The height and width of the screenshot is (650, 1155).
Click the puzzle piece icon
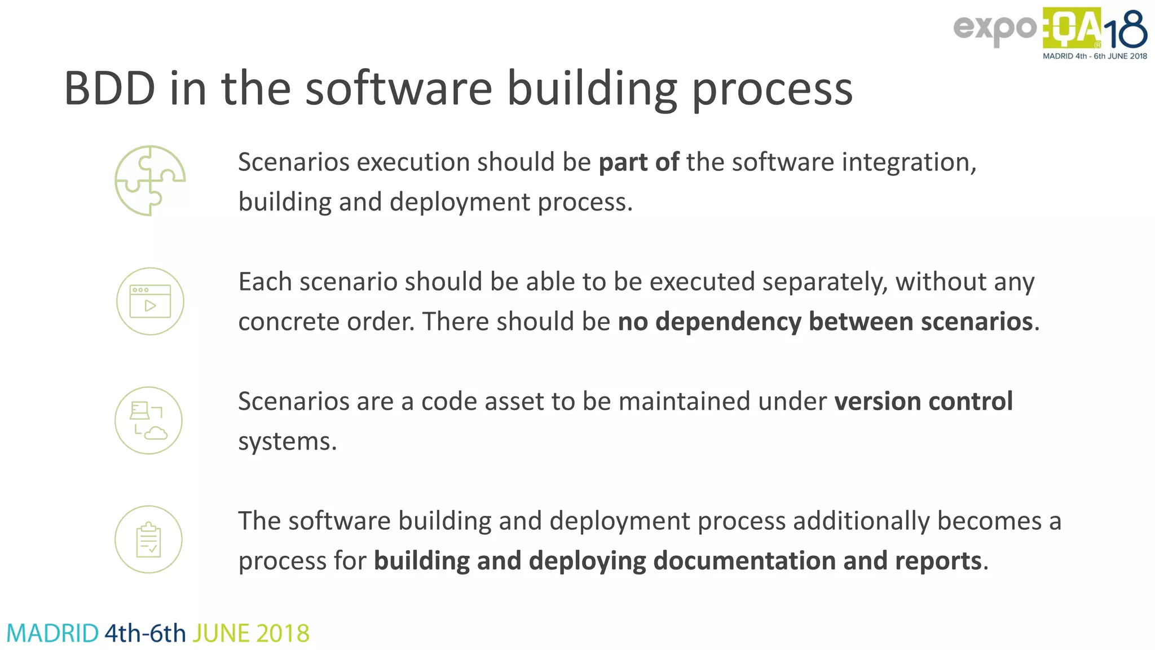point(150,181)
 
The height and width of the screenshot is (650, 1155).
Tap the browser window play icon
point(150,301)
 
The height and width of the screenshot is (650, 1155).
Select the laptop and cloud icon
point(149,420)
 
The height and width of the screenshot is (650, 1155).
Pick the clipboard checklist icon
point(149,539)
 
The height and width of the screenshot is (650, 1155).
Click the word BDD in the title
point(109,89)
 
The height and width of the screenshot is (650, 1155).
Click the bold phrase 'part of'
point(638,162)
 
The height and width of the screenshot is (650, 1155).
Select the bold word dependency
point(728,322)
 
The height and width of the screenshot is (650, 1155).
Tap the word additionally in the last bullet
point(861,521)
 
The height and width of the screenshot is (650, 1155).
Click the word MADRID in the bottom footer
point(52,634)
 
